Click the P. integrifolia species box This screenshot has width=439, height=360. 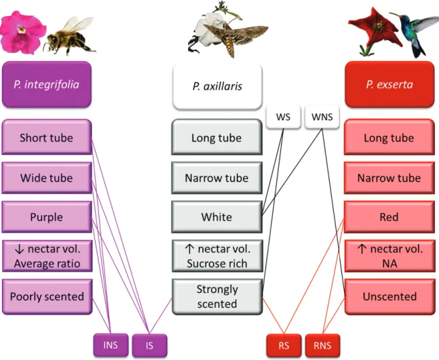[47, 85]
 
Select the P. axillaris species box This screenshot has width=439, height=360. [218, 86]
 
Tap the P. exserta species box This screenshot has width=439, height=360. [389, 85]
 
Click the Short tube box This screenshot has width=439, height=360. [47, 138]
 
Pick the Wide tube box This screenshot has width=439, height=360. [47, 178]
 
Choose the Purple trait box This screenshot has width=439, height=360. [47, 217]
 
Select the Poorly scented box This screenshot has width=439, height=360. [47, 297]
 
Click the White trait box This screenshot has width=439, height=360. [217, 217]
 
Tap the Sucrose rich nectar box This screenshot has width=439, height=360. [217, 256]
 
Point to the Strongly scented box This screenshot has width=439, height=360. [217, 297]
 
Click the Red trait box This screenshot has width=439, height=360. [389, 217]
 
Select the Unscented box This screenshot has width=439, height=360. [389, 297]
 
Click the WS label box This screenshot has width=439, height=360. [284, 117]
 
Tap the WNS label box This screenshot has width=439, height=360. [322, 117]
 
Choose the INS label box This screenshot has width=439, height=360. [111, 345]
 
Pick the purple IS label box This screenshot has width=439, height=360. [149, 346]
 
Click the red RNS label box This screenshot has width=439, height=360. [322, 346]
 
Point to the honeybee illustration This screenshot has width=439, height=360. [70, 36]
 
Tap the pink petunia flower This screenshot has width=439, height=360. [22, 32]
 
